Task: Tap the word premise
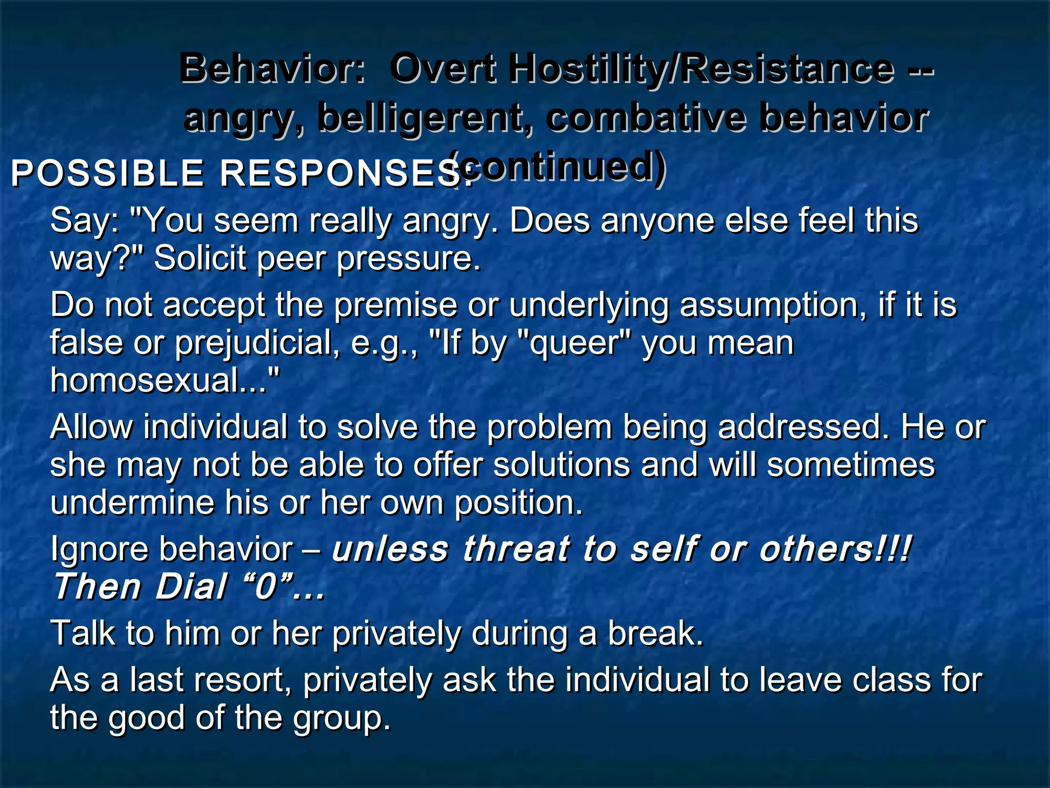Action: point(395,305)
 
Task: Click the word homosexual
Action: point(159,380)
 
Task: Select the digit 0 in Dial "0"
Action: point(266,587)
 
